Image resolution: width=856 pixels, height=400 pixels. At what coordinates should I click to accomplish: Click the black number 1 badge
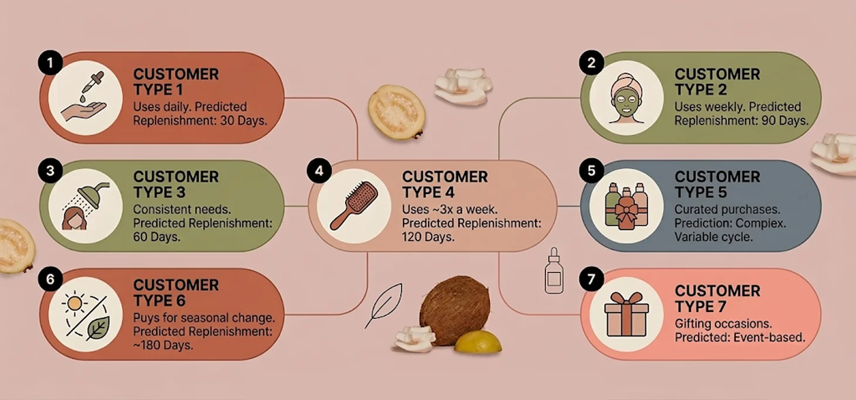[50, 63]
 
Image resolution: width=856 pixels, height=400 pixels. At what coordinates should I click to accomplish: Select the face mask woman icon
[626, 98]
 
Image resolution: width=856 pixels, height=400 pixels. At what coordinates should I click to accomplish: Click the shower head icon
[85, 206]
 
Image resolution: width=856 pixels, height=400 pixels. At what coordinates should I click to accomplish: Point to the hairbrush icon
[354, 206]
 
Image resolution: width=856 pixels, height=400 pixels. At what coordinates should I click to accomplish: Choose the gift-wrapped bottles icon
[626, 207]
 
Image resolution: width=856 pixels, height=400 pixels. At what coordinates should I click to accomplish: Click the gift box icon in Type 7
[626, 315]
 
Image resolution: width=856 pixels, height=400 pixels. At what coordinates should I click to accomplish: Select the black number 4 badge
[319, 171]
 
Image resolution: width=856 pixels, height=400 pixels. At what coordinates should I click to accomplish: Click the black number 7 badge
[591, 279]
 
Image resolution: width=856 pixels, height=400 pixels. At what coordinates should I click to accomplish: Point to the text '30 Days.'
[244, 121]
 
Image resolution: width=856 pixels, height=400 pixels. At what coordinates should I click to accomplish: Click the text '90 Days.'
[785, 121]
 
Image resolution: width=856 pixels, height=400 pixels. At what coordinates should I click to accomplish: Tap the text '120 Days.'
[428, 237]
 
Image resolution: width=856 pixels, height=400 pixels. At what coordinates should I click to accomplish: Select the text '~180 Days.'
[163, 345]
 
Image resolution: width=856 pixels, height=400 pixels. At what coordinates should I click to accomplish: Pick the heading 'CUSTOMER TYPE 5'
[717, 184]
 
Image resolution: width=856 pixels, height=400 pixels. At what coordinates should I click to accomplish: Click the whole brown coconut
[454, 310]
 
